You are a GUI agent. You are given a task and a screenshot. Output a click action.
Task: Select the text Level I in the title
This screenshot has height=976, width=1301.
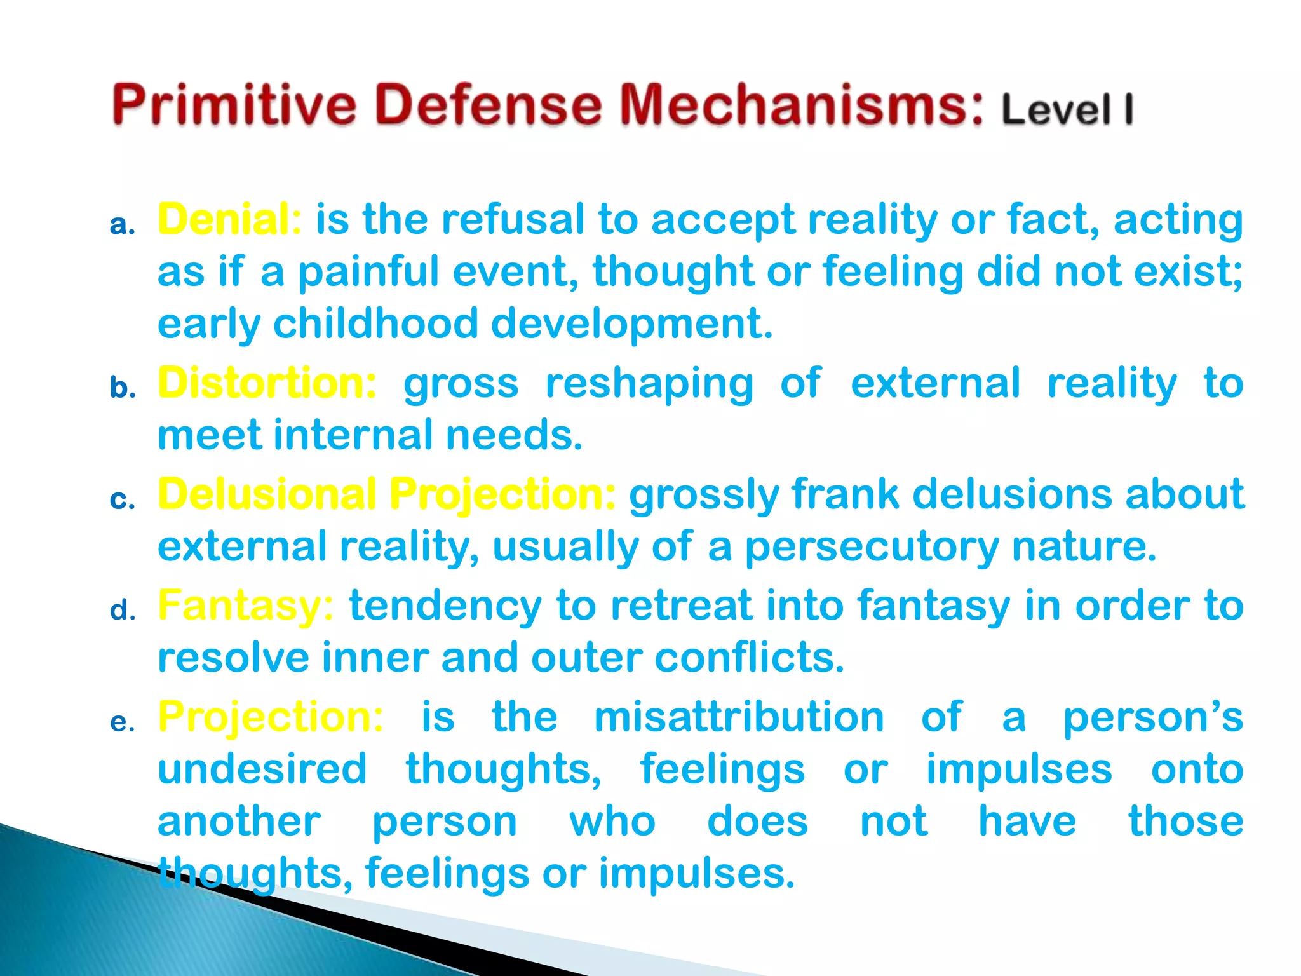(1067, 109)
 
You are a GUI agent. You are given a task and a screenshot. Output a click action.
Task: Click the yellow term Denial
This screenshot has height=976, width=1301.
(229, 219)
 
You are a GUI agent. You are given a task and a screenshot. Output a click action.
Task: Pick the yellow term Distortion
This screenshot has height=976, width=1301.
(267, 383)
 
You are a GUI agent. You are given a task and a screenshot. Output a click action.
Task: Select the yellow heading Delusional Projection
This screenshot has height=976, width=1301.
(386, 494)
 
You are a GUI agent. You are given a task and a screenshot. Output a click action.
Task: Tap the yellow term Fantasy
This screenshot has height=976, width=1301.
(245, 605)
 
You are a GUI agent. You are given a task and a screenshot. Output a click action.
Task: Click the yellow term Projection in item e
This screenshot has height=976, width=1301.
(271, 717)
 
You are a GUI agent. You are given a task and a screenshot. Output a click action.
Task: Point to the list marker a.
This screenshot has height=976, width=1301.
(122, 225)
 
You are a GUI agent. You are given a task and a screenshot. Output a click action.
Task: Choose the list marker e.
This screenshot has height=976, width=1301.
(122, 722)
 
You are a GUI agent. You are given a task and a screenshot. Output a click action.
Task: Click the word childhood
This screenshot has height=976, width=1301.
(375, 323)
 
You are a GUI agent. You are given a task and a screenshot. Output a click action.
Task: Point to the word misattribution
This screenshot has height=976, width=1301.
(739, 717)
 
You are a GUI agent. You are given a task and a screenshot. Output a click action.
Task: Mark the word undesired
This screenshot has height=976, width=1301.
(262, 769)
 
